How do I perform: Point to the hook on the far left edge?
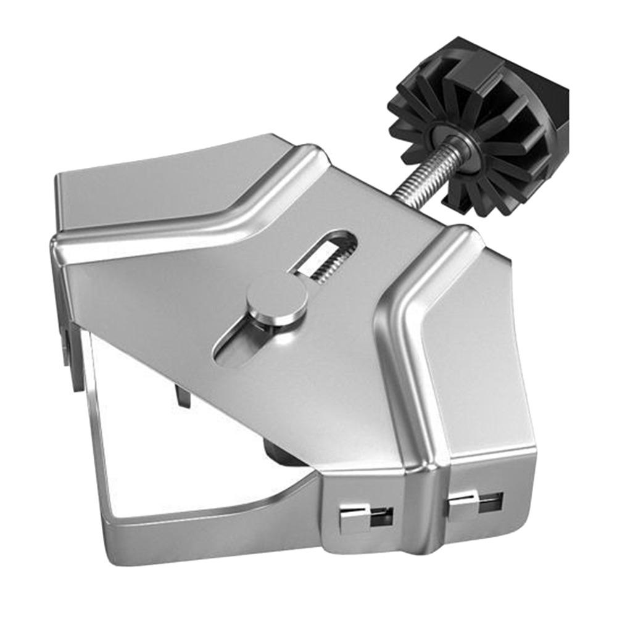pyautogui.click(x=68, y=358)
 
